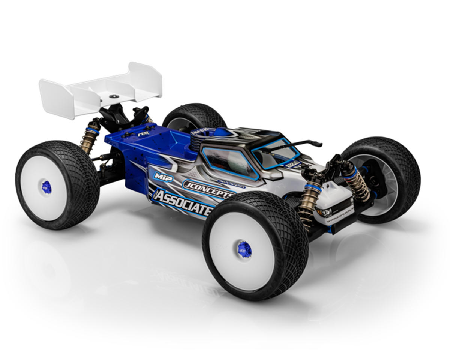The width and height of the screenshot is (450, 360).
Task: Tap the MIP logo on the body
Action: [x=163, y=177]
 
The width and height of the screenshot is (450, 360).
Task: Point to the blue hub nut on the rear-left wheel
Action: [x=46, y=187]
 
